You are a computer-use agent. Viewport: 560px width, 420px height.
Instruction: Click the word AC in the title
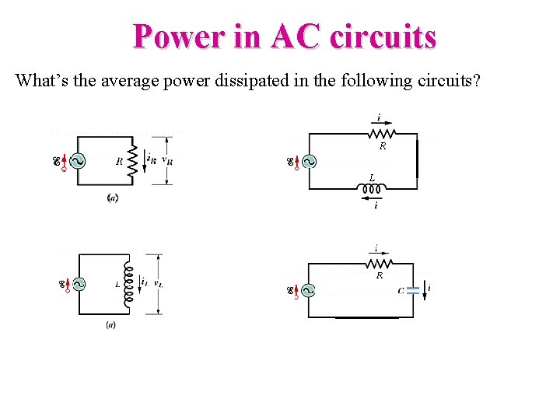point(296,37)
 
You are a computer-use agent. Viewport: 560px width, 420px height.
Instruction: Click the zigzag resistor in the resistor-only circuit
point(132,161)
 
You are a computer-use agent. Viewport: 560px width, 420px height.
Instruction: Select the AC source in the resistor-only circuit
point(77,162)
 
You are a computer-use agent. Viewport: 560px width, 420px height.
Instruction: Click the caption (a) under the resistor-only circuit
point(112,198)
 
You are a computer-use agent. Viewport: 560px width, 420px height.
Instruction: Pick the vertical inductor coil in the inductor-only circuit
point(131,284)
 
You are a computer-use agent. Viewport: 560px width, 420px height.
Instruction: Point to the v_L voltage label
point(158,284)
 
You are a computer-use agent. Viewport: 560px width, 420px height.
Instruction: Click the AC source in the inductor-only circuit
point(78,284)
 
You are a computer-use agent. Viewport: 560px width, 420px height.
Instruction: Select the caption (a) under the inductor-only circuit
point(111,324)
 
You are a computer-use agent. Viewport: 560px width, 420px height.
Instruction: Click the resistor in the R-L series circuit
point(379,134)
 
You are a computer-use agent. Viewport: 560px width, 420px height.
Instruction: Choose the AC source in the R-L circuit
point(309,162)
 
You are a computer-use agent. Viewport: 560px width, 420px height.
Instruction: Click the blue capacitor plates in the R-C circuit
point(413,290)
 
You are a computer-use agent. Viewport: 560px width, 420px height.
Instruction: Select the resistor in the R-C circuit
point(379,264)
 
